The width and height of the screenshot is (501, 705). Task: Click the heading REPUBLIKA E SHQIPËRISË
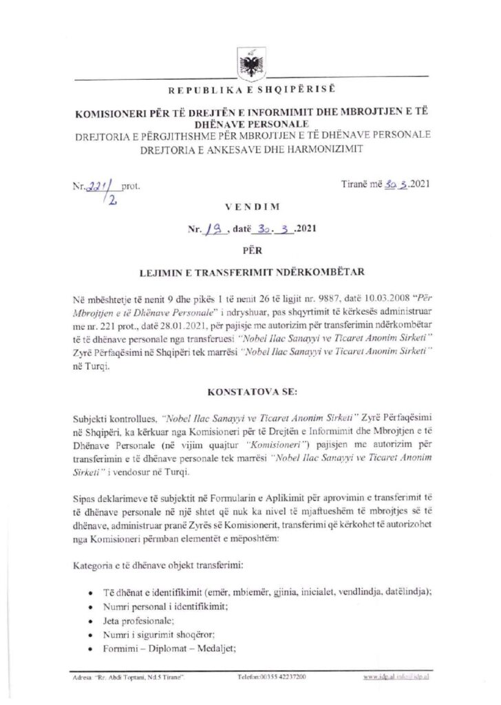pos(250,91)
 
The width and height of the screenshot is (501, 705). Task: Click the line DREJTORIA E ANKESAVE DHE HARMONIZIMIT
pos(250,149)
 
